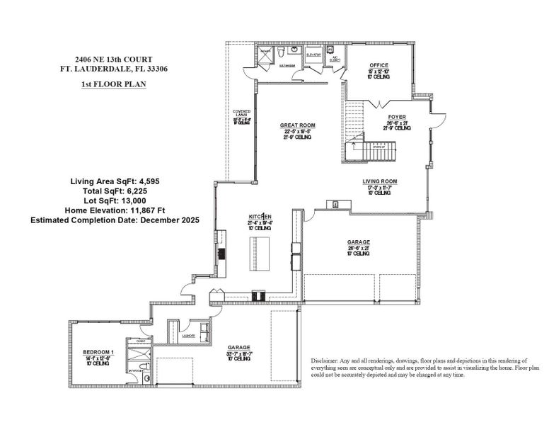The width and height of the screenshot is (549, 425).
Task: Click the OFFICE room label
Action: [x=378, y=65]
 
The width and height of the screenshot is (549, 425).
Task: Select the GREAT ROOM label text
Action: [x=298, y=125]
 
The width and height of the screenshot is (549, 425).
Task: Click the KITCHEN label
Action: [x=260, y=215]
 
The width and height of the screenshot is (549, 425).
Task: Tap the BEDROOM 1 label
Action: [x=97, y=352]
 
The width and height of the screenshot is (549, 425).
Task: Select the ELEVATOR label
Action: [x=314, y=54]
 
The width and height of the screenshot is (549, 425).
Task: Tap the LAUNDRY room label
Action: [x=189, y=336]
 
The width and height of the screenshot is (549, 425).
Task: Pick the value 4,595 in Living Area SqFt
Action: [x=144, y=181]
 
